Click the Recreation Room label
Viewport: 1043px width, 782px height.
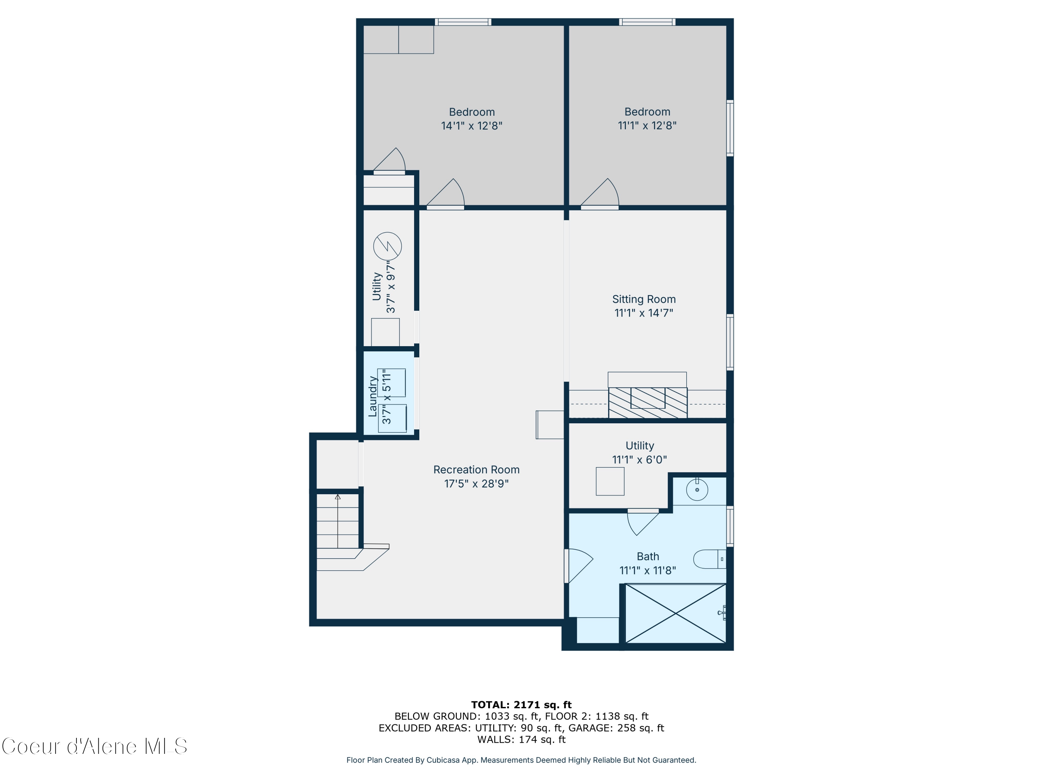(476, 470)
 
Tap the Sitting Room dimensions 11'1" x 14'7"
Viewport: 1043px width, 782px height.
(644, 313)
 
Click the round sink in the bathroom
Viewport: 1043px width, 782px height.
(697, 490)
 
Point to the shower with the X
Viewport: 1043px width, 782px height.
(675, 613)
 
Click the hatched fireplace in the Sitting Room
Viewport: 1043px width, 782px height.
(647, 402)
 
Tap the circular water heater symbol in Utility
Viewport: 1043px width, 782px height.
(387, 246)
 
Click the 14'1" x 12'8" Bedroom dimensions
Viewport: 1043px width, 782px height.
(471, 126)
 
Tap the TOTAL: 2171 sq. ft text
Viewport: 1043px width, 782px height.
(521, 705)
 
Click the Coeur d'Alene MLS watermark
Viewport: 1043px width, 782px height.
(94, 746)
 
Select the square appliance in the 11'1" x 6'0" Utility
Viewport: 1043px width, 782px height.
(610, 481)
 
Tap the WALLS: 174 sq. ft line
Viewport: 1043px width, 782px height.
(521, 739)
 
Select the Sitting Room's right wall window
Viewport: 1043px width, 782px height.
(729, 342)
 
